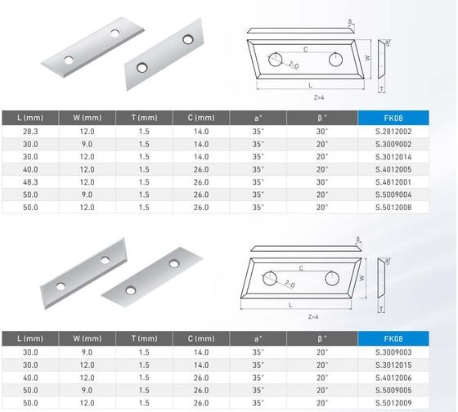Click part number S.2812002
tap(393, 132)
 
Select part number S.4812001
tap(393, 182)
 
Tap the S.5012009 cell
tap(393, 403)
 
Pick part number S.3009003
tap(393, 352)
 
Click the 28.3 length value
tap(30, 132)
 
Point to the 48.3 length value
tap(30, 182)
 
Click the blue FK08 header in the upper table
tap(393, 118)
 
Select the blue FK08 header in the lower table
tap(393, 338)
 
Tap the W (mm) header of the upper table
tap(88, 118)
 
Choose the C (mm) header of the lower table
tap(201, 338)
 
